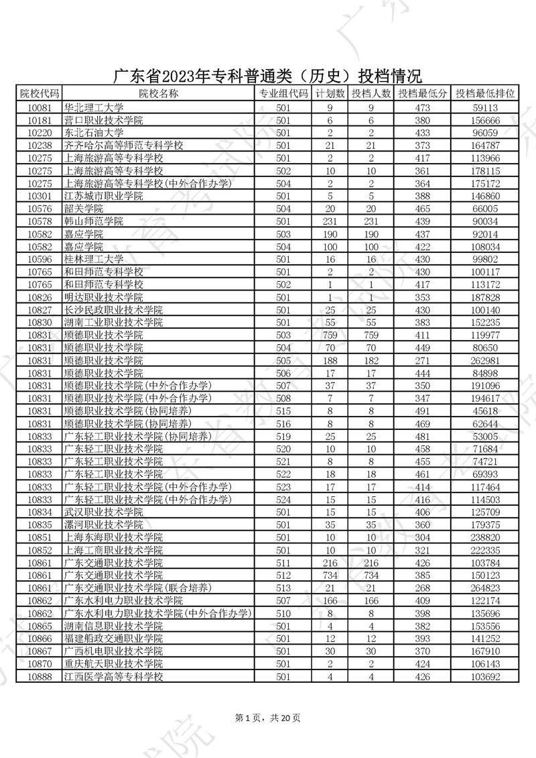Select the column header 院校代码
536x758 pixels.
coord(40,94)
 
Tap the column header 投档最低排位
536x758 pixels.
coord(485,94)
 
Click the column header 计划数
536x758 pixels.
coord(330,94)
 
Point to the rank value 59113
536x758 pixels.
coord(486,107)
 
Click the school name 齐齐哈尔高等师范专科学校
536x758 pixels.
coord(123,145)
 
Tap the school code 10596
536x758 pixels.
coord(40,259)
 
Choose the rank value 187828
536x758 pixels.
coord(486,297)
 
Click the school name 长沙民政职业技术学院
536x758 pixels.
coord(113,310)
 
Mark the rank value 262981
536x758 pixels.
coord(486,360)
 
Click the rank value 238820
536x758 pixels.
coord(486,537)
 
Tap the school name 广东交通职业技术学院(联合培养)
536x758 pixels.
coord(137,588)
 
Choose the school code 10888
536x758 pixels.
coord(40,677)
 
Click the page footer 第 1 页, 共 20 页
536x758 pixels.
coord(268,718)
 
